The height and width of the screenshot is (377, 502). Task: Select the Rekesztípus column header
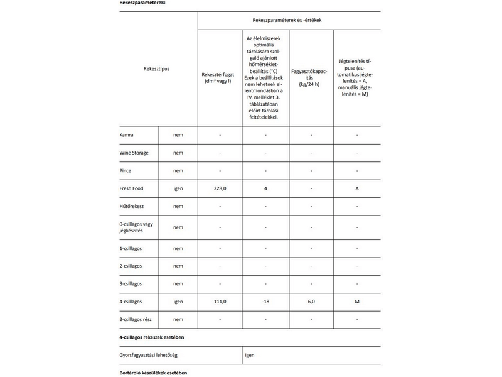click(x=157, y=68)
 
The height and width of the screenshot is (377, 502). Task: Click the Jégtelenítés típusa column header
click(x=356, y=77)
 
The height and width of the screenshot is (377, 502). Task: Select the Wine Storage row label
click(x=134, y=153)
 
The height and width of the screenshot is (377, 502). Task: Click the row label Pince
click(x=125, y=170)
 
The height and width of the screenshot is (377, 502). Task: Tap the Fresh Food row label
click(x=132, y=188)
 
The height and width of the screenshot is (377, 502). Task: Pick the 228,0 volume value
click(x=220, y=188)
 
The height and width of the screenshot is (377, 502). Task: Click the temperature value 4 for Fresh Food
click(x=265, y=188)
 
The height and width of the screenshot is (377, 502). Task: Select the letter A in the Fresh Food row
click(x=356, y=188)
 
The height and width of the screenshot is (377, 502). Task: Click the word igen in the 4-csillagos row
click(x=178, y=302)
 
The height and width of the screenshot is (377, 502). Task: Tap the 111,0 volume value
click(x=220, y=302)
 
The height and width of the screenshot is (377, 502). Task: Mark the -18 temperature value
click(x=265, y=302)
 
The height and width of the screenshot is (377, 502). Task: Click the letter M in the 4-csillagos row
click(x=356, y=302)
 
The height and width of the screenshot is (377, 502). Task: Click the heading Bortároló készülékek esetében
click(x=153, y=373)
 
